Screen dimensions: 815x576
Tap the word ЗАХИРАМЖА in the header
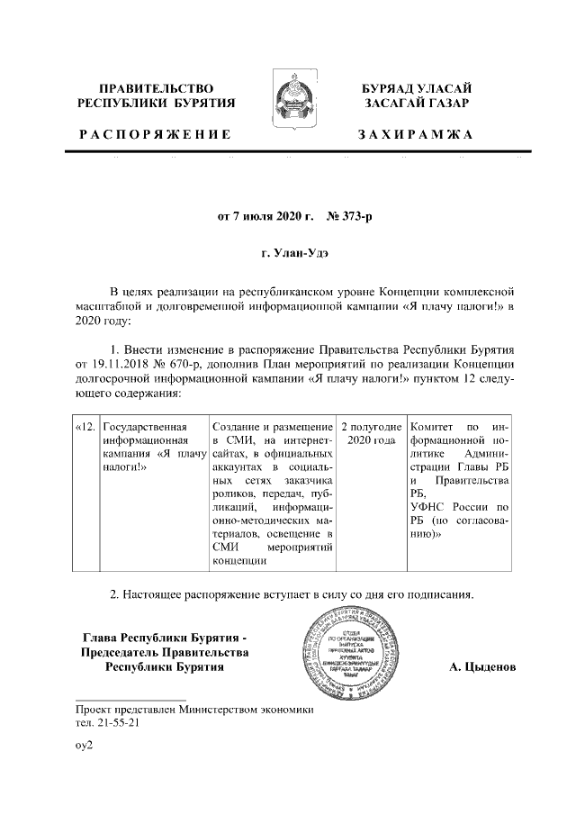415,134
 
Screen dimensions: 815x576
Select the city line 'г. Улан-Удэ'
288,254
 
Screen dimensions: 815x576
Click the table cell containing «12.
85,425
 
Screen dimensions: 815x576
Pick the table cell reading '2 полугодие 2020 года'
370,432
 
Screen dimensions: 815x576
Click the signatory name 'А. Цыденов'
482,667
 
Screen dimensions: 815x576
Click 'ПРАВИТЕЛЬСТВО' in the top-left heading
156,88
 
